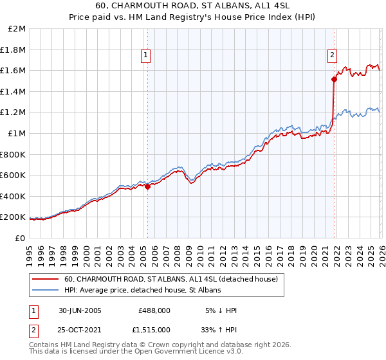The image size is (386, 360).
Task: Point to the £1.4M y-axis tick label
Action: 14,92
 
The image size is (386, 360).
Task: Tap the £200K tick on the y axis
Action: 14,217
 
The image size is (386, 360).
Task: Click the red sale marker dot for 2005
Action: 147,187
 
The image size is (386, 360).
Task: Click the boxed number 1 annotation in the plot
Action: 147,56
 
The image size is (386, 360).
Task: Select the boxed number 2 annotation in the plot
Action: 333,56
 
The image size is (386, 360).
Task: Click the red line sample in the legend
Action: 45,279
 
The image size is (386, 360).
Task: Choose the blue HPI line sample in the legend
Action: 45,291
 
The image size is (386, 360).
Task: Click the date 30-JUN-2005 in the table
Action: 80,310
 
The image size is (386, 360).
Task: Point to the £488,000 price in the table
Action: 154,310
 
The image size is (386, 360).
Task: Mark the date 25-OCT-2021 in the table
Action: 80,329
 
